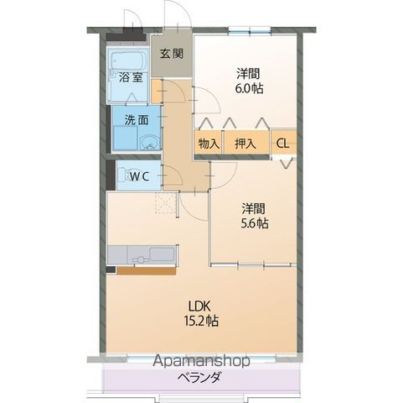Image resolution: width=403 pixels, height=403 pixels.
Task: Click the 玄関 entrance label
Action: (x=172, y=54)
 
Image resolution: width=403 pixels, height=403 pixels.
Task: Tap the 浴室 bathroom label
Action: (x=131, y=77)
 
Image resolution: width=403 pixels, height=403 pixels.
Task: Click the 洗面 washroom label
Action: (x=136, y=120)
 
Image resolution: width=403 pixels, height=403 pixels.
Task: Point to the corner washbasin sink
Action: (x=150, y=142)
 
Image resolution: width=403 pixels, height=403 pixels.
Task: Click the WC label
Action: (x=140, y=176)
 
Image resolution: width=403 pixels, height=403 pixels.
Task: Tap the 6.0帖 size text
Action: (x=249, y=89)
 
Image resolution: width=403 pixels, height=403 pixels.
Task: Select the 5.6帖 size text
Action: (x=255, y=223)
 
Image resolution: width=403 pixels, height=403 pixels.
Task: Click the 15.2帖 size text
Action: (x=201, y=321)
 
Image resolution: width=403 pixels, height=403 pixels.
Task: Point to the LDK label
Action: (x=199, y=306)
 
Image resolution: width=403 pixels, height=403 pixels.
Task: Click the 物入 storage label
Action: (x=209, y=144)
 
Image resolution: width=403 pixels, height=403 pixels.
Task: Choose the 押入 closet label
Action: (x=245, y=144)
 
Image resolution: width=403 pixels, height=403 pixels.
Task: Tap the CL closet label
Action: (x=282, y=144)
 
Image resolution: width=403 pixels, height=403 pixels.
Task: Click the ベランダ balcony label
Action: (x=199, y=378)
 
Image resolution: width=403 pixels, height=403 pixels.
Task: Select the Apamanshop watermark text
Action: (x=201, y=361)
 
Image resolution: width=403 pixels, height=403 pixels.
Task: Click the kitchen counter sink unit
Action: (x=142, y=254)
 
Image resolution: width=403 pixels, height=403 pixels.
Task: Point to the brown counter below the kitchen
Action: (x=146, y=270)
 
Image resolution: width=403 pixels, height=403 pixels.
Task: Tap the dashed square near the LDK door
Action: (x=165, y=203)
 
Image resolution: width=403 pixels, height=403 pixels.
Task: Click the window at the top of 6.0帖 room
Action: (x=250, y=30)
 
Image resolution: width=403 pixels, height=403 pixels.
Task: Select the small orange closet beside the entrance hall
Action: (x=157, y=92)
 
